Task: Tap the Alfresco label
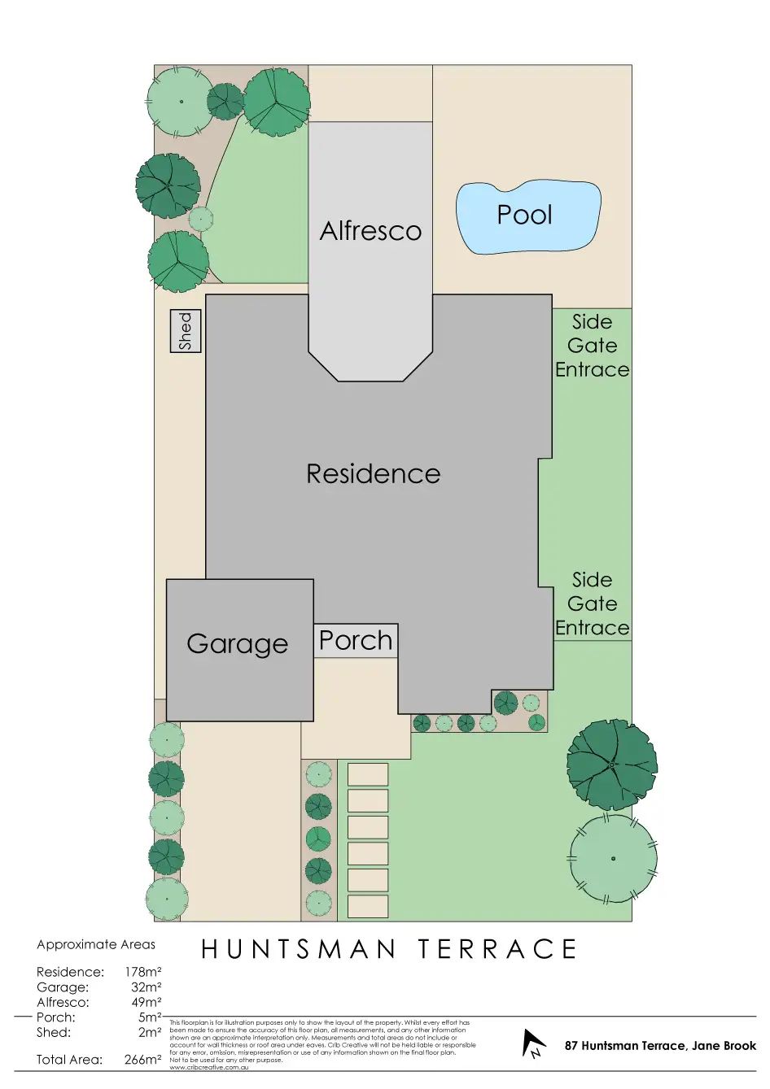(370, 231)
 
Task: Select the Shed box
(186, 330)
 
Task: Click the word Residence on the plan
(373, 474)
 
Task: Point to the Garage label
(237, 644)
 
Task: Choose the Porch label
(356, 641)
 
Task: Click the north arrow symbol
(534, 1043)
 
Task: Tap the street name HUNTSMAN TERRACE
(389, 949)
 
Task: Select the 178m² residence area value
(142, 972)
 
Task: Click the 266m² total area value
(142, 1060)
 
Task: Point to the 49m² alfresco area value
(146, 1002)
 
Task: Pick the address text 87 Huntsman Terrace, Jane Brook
(660, 1046)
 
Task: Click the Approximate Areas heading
(96, 944)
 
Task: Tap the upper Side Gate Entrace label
(592, 346)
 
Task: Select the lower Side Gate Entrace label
(592, 603)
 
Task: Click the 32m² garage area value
(146, 987)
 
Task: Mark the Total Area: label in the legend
(69, 1060)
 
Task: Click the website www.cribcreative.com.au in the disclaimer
(209, 1067)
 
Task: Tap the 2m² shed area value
(150, 1032)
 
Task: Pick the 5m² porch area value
(150, 1017)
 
